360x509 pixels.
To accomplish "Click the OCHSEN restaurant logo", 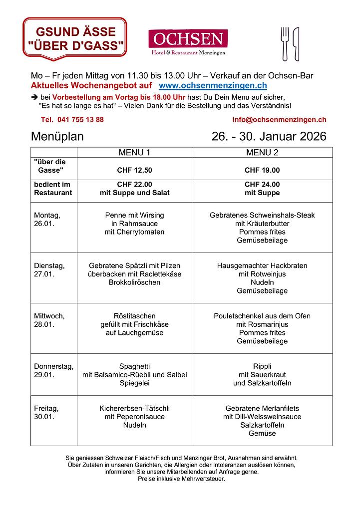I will click(x=188, y=42).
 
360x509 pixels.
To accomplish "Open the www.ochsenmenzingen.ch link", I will click(x=213, y=86).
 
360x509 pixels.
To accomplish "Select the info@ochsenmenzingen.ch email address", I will click(x=279, y=120).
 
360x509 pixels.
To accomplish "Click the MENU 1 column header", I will click(x=134, y=152).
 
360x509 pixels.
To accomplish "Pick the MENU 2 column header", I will click(x=262, y=152).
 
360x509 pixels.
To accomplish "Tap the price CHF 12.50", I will click(x=134, y=170).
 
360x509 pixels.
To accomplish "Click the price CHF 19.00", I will click(x=262, y=170).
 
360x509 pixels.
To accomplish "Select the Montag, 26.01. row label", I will click(x=47, y=220).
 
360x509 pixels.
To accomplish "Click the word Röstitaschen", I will click(x=134, y=316).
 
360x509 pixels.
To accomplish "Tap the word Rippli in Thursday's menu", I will click(x=262, y=366).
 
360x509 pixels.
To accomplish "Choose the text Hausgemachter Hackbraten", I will click(x=262, y=265).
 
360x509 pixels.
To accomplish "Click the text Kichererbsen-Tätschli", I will click(x=134, y=408).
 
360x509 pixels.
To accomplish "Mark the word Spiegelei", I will click(x=134, y=383).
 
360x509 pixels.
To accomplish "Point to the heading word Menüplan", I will click(x=57, y=136).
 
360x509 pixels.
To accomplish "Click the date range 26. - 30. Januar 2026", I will click(x=269, y=136).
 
